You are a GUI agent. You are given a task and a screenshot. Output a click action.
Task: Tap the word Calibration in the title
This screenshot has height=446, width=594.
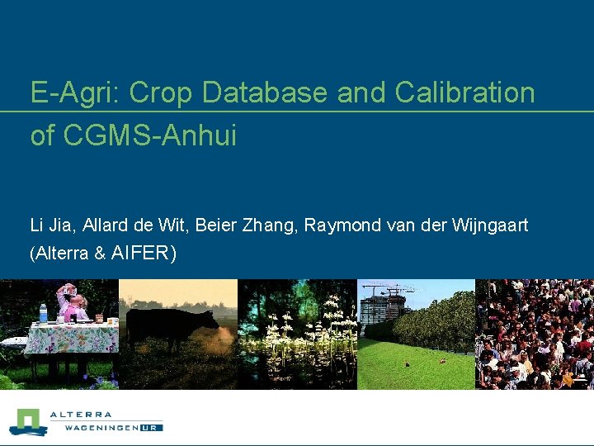(x=464, y=93)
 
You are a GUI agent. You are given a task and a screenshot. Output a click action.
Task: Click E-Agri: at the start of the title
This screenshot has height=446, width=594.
(x=76, y=93)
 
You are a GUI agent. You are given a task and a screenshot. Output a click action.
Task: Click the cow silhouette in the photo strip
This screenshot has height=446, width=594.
(x=172, y=326)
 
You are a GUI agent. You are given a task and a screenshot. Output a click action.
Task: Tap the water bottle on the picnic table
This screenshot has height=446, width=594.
(x=43, y=313)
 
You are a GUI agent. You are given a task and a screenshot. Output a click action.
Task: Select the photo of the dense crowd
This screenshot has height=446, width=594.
(x=535, y=334)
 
